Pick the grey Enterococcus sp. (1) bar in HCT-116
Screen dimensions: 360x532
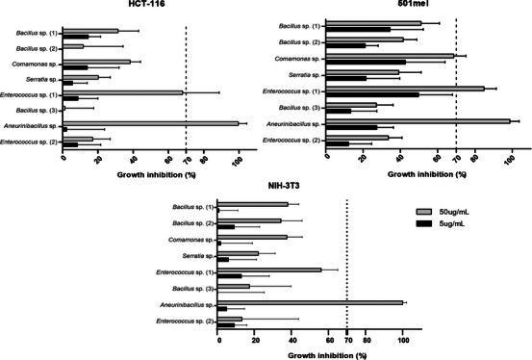point(123,92)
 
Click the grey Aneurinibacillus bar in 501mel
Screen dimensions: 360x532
point(418,121)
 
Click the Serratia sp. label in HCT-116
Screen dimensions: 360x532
point(38,79)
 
